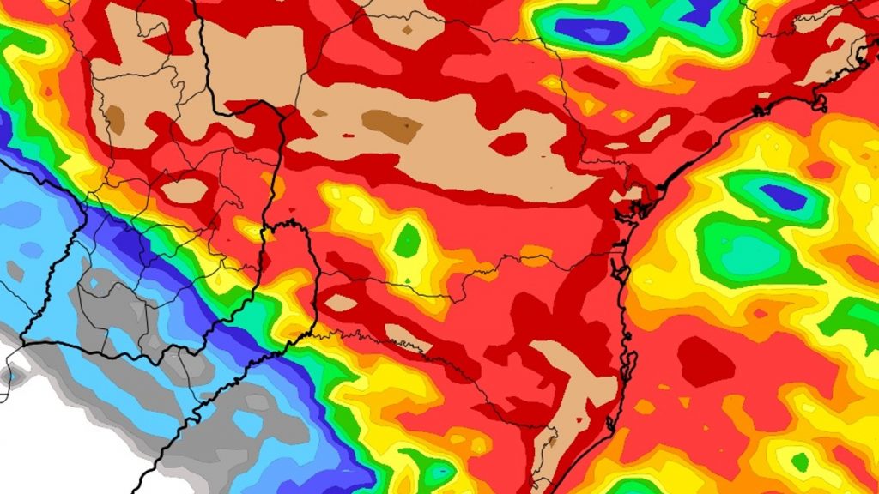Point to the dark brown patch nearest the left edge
click(114, 120)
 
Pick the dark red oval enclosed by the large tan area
click(508, 143)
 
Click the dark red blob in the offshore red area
click(706, 360)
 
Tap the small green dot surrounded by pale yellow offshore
click(800, 462)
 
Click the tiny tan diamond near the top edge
click(407, 29)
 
